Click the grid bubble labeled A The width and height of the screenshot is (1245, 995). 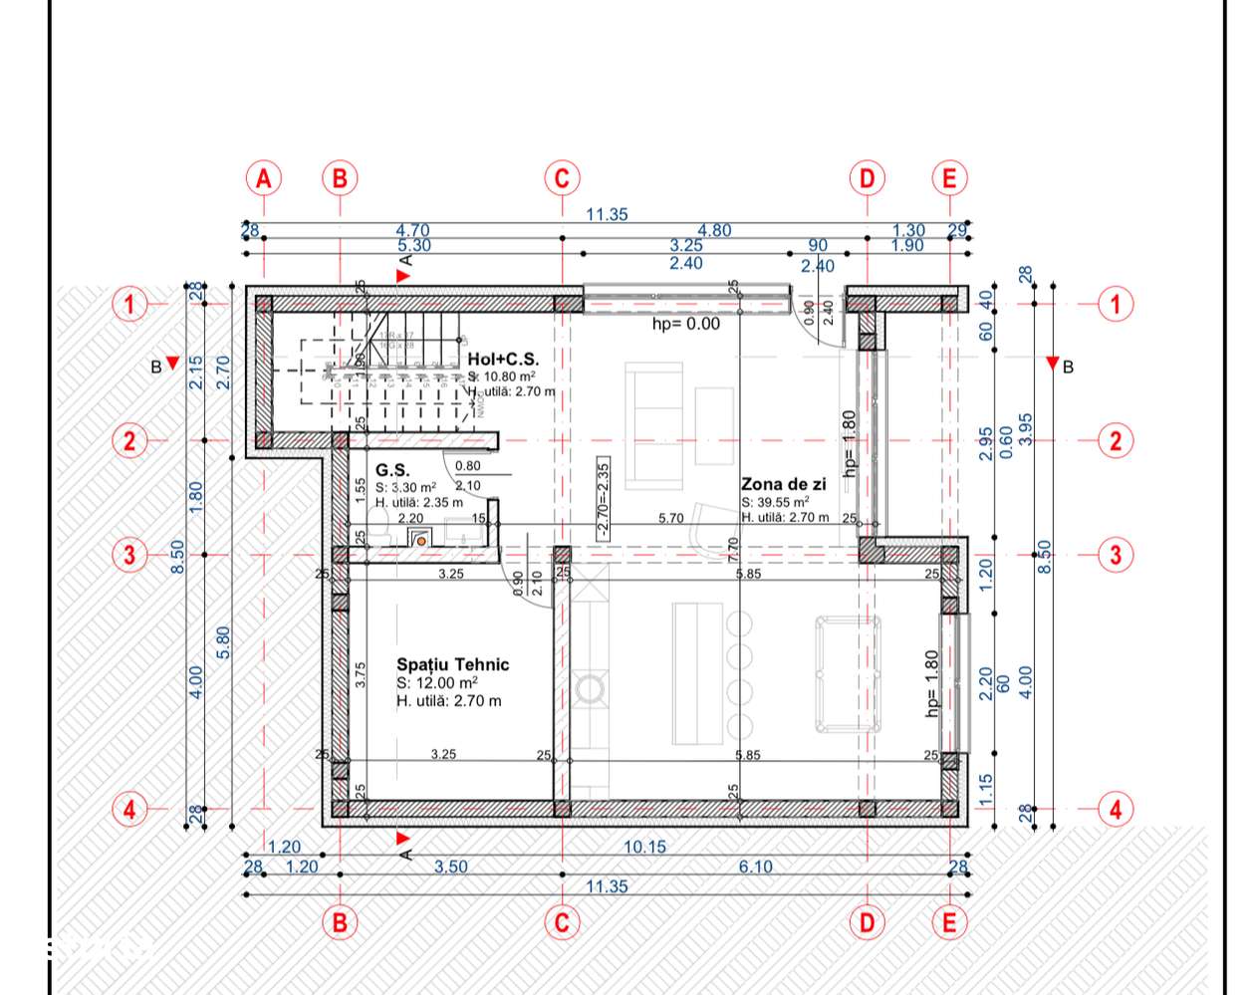tap(263, 178)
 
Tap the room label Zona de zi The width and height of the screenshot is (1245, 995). tap(783, 484)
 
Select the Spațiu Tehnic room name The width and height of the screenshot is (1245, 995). tap(452, 664)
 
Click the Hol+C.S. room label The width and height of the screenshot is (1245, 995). tap(503, 359)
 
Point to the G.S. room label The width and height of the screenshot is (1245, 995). tap(392, 470)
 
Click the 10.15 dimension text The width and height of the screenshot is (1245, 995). tap(644, 847)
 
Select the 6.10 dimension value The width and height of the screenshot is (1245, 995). tap(755, 867)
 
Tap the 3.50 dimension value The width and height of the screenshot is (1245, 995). tap(450, 867)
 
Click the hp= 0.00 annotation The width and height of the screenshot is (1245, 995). tap(685, 324)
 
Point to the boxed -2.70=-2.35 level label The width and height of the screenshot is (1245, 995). tap(603, 499)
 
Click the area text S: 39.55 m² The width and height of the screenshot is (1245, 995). tap(775, 502)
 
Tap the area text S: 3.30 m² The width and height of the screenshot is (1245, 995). tap(405, 488)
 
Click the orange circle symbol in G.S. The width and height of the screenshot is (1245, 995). tap(421, 541)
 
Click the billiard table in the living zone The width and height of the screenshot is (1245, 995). tap(848, 673)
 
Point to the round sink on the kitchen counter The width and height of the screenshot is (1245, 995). tap(589, 688)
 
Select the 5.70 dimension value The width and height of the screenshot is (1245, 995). tap(670, 518)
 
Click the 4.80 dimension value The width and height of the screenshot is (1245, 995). tap(714, 230)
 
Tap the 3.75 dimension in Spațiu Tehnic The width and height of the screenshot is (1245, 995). tap(361, 674)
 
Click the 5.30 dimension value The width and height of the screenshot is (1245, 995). tap(413, 245)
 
